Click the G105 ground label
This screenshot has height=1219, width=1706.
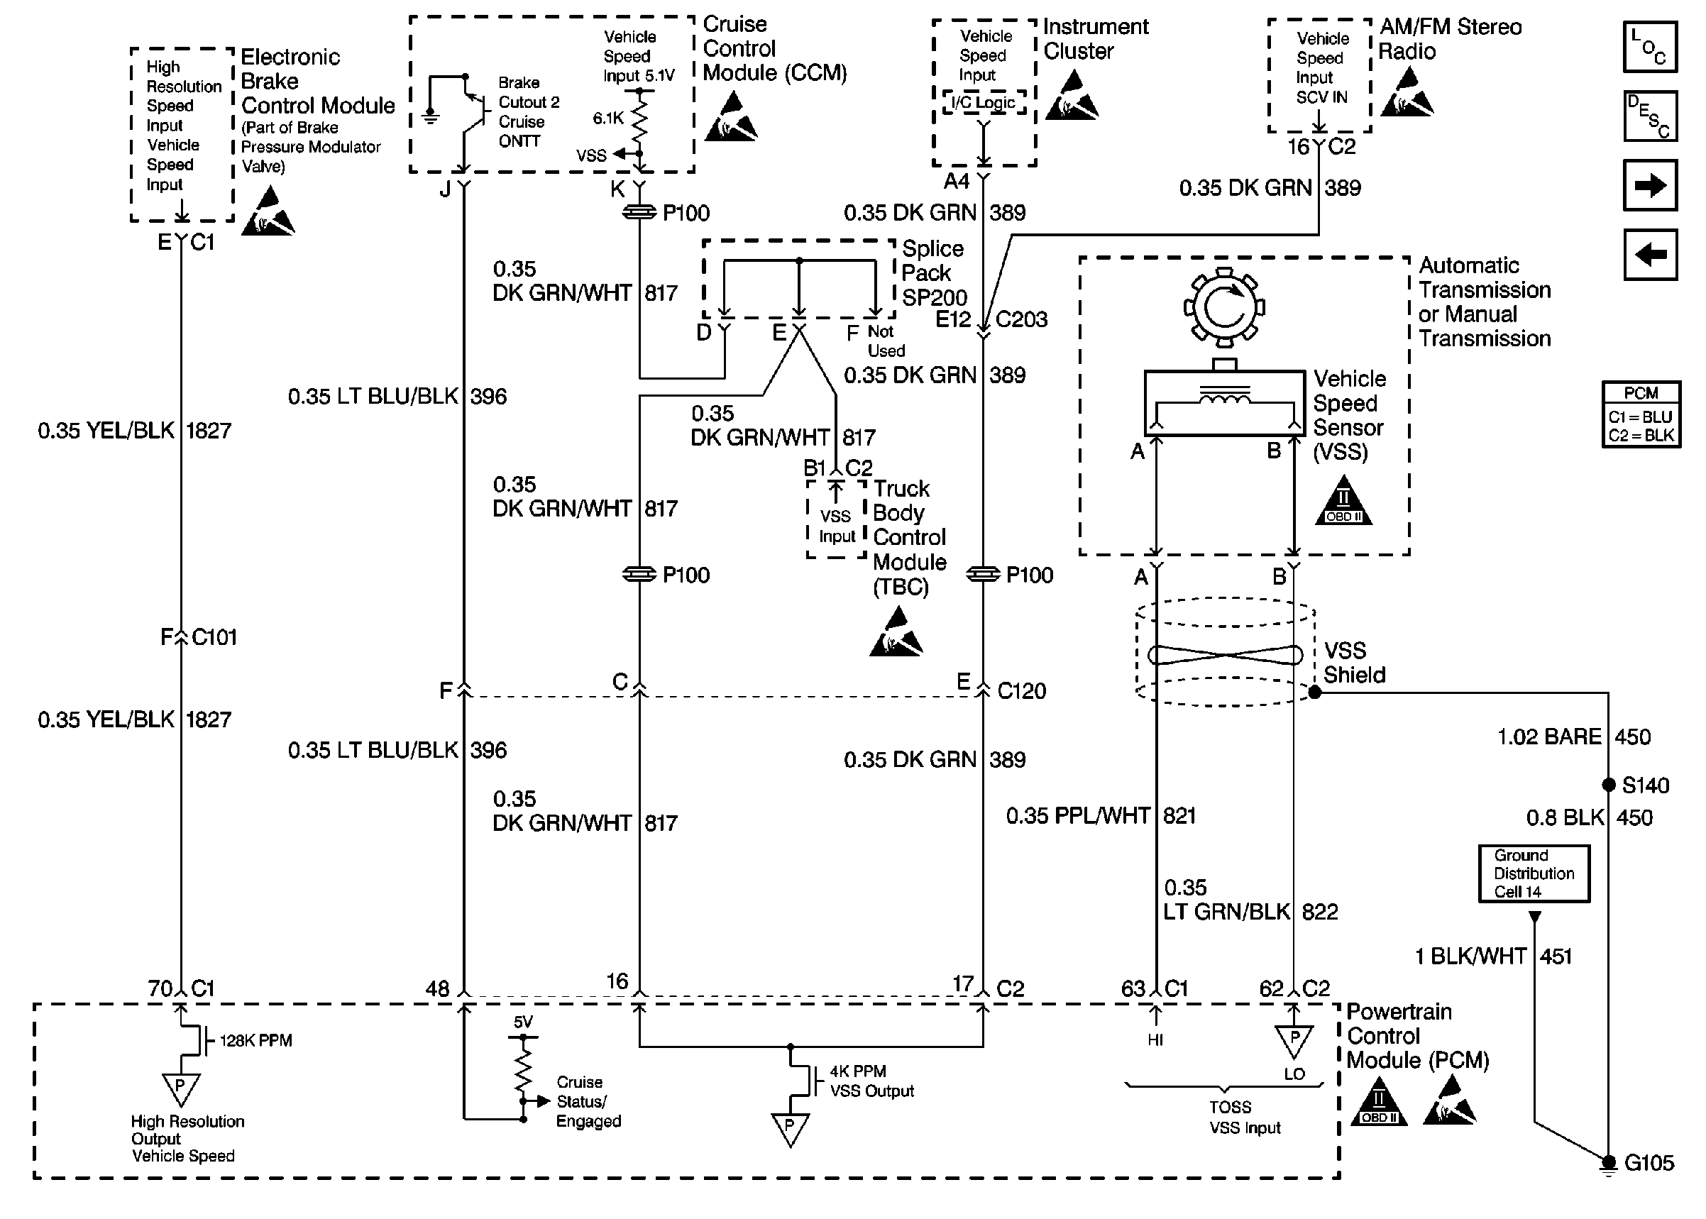pos(1649,1163)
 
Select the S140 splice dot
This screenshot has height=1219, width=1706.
pos(1609,785)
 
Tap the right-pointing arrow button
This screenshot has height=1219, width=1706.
pos(1650,184)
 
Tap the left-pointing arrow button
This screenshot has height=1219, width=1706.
pos(1650,255)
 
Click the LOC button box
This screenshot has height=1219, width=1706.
pos(1650,48)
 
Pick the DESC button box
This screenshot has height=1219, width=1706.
pos(1650,116)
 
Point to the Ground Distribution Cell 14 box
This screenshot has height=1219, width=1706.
pos(1534,873)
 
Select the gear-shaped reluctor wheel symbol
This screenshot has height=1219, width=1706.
pos(1224,307)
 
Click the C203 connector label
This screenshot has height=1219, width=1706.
pos(1020,320)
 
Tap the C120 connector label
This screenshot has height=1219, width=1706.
pos(1020,690)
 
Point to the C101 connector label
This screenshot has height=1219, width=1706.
pos(214,637)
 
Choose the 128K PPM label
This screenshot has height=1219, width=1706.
pos(256,1040)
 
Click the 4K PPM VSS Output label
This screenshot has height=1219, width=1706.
pos(871,1081)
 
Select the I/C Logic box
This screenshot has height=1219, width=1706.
pos(983,103)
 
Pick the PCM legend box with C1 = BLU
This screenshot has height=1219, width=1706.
pos(1641,414)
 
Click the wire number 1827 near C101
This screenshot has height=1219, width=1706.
pos(209,720)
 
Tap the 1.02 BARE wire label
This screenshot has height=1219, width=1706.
pos(1549,737)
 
